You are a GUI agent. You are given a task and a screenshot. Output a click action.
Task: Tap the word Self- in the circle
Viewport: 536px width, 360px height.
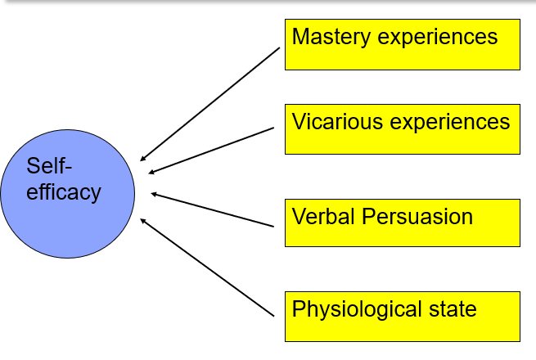coord(50,167)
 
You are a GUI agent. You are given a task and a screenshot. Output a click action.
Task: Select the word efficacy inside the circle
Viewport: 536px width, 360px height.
coord(64,193)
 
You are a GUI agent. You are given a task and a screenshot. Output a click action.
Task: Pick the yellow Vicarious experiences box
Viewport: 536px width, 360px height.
coord(402,129)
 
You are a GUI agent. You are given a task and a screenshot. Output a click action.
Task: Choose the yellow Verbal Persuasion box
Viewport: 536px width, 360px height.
coord(402,222)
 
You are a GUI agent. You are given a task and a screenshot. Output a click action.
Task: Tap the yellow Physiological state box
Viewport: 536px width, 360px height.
coord(402,315)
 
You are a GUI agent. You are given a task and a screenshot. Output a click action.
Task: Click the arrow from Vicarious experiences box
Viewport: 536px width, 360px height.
coord(211,150)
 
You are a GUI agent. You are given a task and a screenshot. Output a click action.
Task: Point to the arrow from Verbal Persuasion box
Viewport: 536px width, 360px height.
coord(212,209)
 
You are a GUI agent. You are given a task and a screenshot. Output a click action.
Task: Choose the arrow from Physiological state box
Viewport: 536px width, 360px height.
coord(207,267)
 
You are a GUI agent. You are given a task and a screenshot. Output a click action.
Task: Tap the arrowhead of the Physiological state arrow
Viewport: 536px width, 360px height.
coord(143,219)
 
